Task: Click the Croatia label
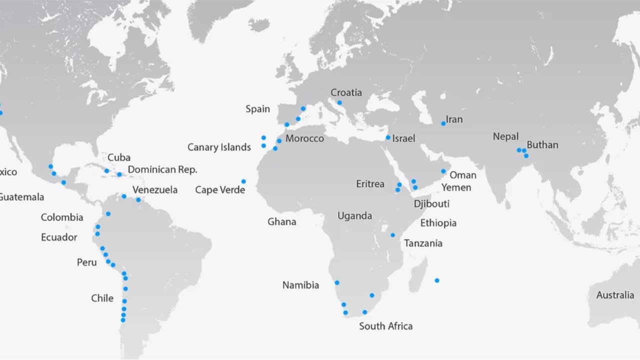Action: pos(346,92)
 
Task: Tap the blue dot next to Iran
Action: pos(443,123)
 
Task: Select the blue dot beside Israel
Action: pos(388,137)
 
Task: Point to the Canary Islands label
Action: pos(219,147)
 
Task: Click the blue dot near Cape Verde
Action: pos(243,181)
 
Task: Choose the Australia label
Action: pos(614,295)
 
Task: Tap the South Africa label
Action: pos(385,326)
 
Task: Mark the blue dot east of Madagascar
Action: pos(436,280)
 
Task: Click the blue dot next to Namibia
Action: pos(337,282)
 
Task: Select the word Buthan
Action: pos(542,145)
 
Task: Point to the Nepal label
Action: pos(505,136)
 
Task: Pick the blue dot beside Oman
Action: pos(443,171)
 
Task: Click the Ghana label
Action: pos(281,221)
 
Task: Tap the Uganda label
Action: pos(354,216)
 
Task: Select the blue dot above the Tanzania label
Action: pos(392,235)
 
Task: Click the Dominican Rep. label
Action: pos(162,169)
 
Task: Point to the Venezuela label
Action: pos(155,190)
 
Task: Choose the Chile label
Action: pos(102,298)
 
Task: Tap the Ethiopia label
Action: pos(438,223)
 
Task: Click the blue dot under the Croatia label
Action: pos(339,102)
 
